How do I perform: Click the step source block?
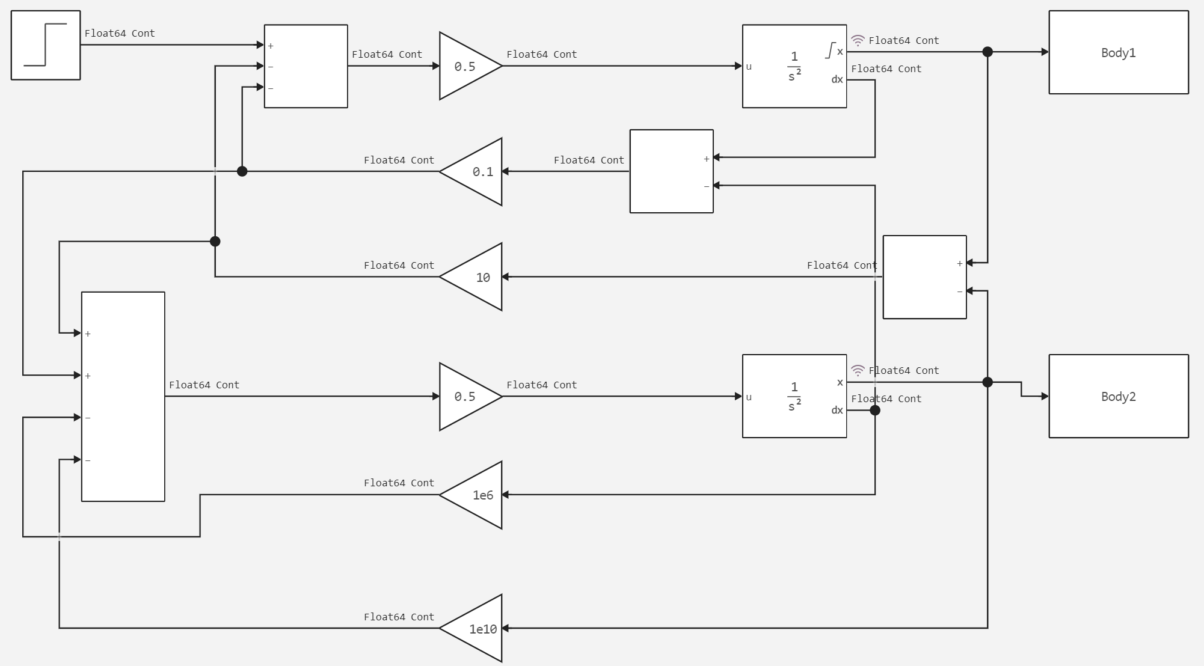pyautogui.click(x=46, y=45)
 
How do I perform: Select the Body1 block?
pyautogui.click(x=1118, y=52)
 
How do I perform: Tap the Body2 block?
pyautogui.click(x=1118, y=396)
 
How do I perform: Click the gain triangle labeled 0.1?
pyautogui.click(x=475, y=172)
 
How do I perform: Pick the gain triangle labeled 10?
pyautogui.click(x=475, y=277)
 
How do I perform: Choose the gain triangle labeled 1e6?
pyautogui.click(x=475, y=495)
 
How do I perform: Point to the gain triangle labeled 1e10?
pyautogui.click(x=475, y=628)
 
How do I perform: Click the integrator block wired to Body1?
pyautogui.click(x=794, y=66)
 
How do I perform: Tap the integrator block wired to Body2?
pyautogui.click(x=794, y=396)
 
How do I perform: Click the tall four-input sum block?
pyautogui.click(x=123, y=396)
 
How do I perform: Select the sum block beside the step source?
pyautogui.click(x=306, y=66)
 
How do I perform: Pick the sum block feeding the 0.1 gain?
pyautogui.click(x=671, y=171)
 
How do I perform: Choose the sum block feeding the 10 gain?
pyautogui.click(x=924, y=277)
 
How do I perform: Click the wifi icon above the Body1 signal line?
pyautogui.click(x=858, y=40)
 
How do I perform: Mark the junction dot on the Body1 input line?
pyautogui.click(x=987, y=52)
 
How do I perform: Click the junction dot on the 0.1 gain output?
pyautogui.click(x=242, y=171)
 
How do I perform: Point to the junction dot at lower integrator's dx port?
pyautogui.click(x=875, y=411)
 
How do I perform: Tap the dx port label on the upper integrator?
pyautogui.click(x=837, y=80)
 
